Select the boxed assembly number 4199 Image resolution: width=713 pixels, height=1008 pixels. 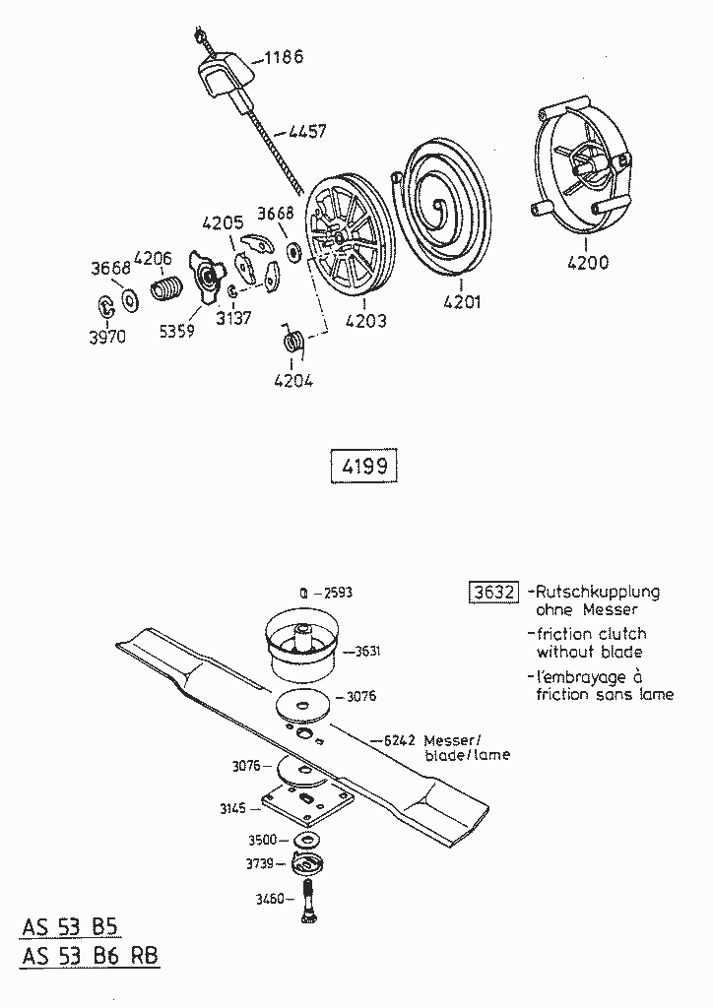tap(363, 467)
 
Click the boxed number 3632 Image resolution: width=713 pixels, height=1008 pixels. tap(492, 592)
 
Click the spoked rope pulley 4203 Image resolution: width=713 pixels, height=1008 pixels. tap(341, 235)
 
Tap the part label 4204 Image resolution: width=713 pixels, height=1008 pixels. tap(293, 380)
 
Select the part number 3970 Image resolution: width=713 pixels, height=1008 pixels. tap(107, 336)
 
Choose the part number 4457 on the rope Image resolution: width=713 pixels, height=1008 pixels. tap(306, 130)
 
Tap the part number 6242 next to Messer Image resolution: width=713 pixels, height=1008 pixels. tap(400, 739)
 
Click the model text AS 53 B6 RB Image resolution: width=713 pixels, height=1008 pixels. tap(89, 955)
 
